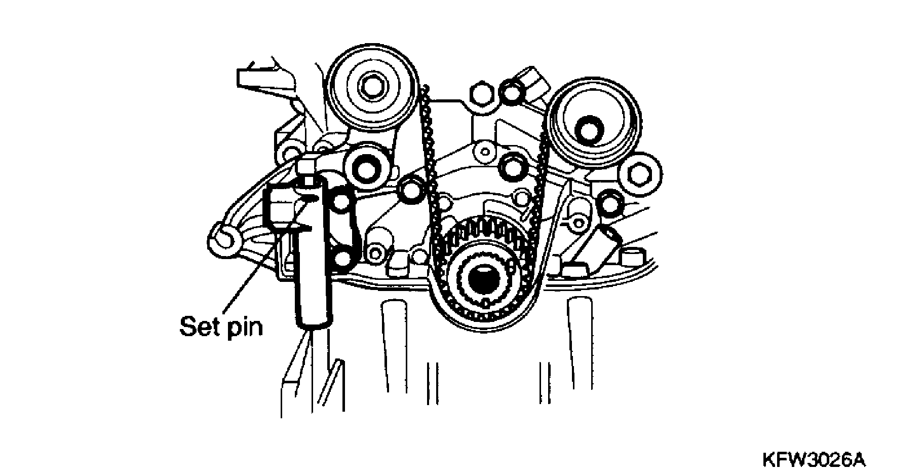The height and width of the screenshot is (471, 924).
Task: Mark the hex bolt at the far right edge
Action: point(642,173)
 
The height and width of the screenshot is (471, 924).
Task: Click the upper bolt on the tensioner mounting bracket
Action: point(340,200)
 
